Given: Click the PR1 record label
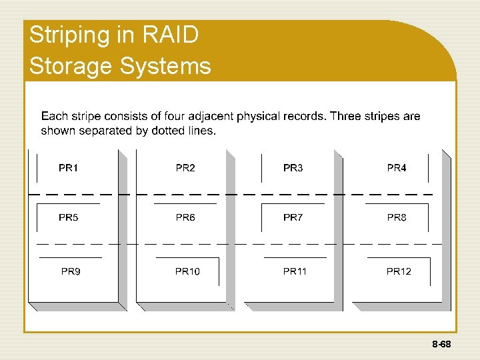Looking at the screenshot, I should tap(68, 168).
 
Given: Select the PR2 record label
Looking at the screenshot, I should tap(185, 168).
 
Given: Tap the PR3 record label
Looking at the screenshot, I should tap(293, 168).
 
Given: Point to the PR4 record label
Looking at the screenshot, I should tap(397, 168).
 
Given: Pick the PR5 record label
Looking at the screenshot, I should tap(68, 217).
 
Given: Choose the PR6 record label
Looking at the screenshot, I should tap(185, 217).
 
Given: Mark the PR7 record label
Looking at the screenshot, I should tap(293, 217).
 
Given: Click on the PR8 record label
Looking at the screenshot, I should tap(397, 217).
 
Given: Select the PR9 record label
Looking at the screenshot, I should tap(71, 271).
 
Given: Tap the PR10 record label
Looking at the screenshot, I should tap(187, 271).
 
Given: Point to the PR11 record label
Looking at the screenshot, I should tap(295, 271).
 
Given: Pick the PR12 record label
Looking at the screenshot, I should tap(399, 271).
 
